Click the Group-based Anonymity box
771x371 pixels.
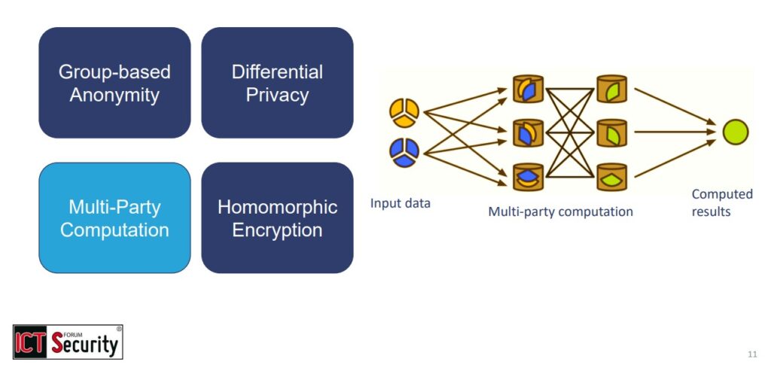114,83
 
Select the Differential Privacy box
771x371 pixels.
277,83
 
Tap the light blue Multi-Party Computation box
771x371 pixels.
114,218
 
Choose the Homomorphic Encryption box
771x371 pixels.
277,218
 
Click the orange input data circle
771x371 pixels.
404,111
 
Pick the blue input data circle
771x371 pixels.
404,152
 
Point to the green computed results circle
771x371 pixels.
735,132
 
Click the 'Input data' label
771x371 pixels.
401,203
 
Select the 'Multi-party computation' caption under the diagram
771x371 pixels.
560,211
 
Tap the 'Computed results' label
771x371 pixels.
721,202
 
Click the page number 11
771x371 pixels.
752,354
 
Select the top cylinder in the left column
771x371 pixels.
528,89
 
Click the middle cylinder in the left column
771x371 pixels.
528,132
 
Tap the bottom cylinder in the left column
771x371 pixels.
528,176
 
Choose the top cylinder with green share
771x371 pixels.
611,89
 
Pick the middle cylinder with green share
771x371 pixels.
611,132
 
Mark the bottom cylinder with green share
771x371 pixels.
611,176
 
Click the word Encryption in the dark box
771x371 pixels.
277,230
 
